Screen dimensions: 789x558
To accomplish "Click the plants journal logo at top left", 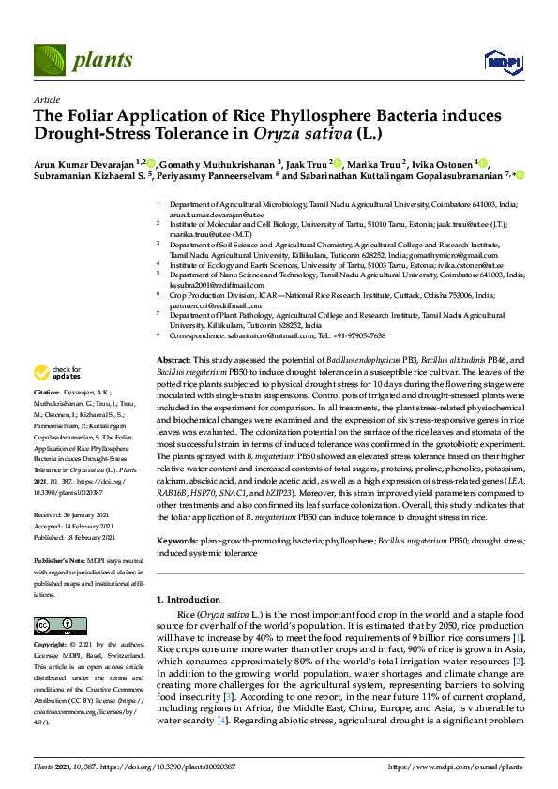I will click(x=84, y=61).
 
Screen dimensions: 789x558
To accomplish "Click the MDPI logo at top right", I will click(x=502, y=62).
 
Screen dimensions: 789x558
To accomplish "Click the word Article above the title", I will click(x=46, y=99).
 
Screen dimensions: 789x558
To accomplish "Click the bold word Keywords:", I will click(x=176, y=542).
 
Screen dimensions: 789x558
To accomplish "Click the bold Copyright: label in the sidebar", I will click(x=52, y=646).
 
